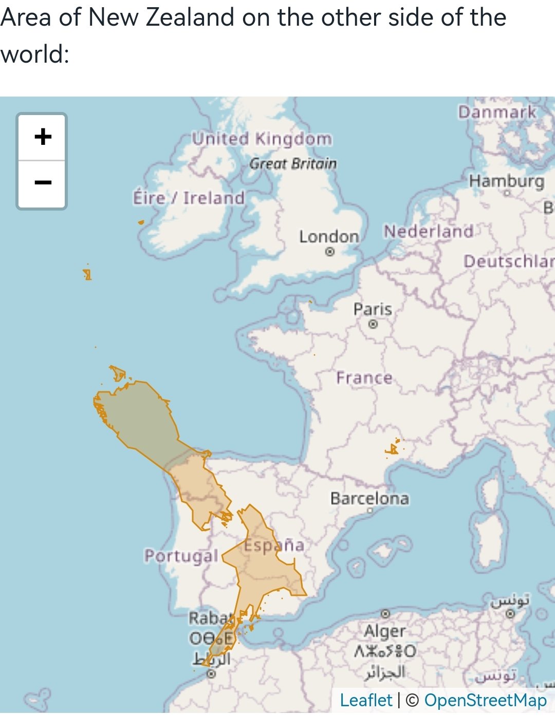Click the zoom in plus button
43,137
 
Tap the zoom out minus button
43,183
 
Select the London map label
329,237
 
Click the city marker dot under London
330,252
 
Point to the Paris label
373,309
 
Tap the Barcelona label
369,498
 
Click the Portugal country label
181,555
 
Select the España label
274,545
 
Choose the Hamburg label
506,181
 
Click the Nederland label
429,231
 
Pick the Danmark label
497,112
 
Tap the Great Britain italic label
293,164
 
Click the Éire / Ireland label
189,198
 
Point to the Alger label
385,631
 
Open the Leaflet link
366,700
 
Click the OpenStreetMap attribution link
485,700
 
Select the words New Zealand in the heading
161,17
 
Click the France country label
364,378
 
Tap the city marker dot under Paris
373,324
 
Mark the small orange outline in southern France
393,448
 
